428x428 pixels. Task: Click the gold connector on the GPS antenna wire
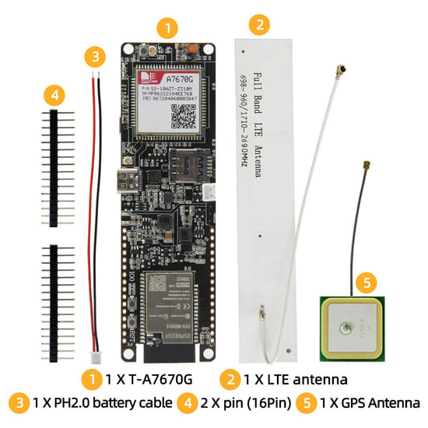(x=364, y=168)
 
